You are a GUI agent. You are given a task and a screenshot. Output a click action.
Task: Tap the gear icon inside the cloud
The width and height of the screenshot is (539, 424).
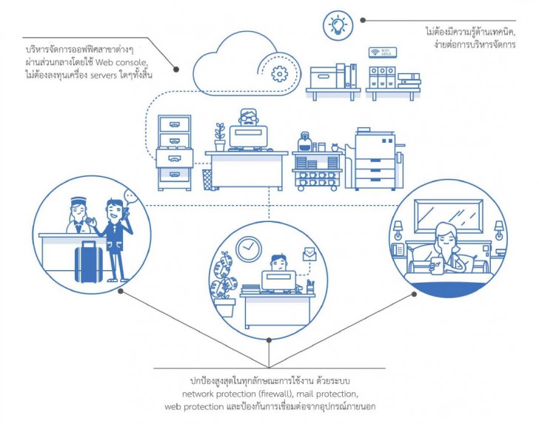[x=278, y=73]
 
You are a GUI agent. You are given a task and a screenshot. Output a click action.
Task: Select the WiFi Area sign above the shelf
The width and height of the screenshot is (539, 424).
[x=384, y=53]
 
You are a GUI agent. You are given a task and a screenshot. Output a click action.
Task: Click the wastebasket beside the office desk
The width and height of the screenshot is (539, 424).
[x=207, y=177]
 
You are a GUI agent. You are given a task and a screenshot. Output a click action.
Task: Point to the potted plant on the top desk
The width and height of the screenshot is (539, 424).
[x=219, y=138]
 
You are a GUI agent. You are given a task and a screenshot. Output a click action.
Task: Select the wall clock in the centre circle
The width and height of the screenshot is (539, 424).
[x=248, y=249]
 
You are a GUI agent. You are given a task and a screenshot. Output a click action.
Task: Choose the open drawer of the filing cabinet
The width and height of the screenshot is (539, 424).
[x=175, y=157]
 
